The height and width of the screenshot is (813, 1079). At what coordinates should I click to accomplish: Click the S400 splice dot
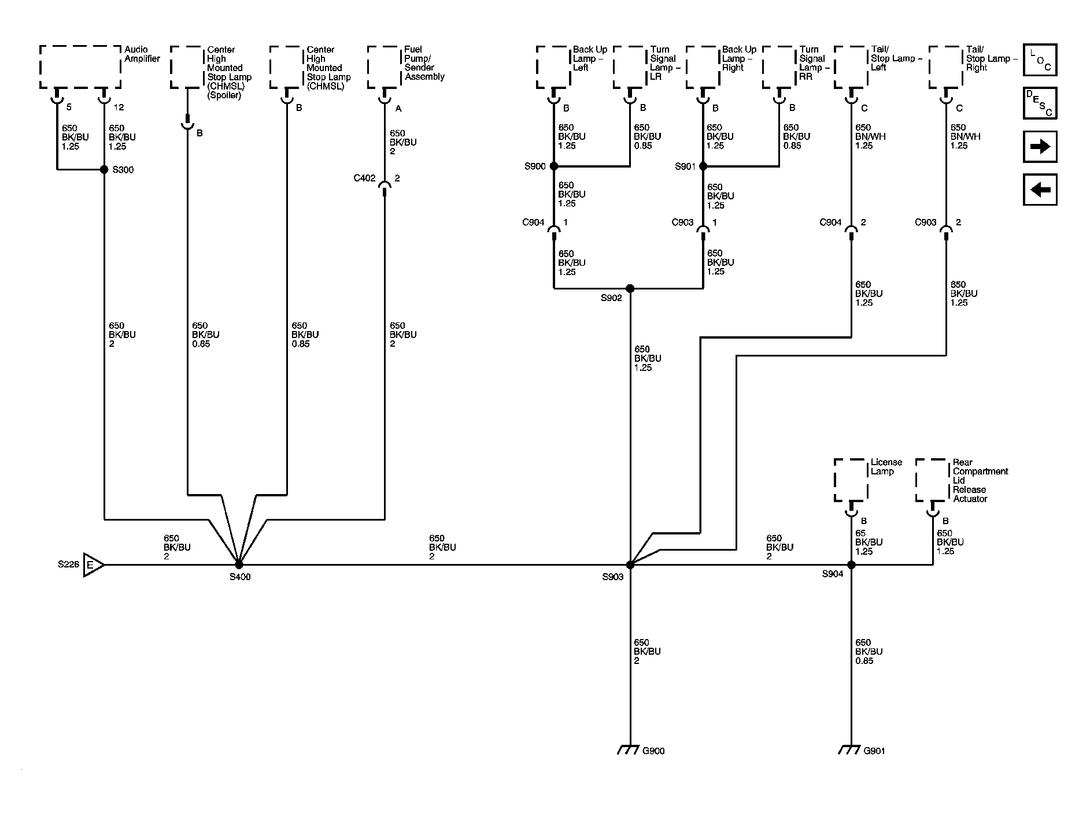238,565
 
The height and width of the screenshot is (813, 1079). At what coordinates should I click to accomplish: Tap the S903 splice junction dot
630,565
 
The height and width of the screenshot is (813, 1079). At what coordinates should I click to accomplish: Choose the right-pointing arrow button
1040,147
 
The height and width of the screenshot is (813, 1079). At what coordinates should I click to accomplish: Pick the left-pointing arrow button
1040,190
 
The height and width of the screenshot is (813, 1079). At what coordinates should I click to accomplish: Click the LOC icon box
1040,60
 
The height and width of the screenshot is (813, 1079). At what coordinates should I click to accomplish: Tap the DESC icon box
1040,103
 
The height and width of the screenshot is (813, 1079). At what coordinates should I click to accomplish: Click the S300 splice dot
104,169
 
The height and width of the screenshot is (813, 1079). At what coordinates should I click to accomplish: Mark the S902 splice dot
630,288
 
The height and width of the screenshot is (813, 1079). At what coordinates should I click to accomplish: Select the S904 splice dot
851,565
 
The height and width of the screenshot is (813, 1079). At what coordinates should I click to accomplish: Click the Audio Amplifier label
142,54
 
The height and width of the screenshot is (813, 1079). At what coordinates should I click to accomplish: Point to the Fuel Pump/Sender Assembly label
424,63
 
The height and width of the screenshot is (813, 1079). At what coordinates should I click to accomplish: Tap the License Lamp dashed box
851,480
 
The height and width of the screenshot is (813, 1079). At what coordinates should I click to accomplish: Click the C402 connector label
364,178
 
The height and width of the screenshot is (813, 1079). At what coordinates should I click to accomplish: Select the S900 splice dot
553,166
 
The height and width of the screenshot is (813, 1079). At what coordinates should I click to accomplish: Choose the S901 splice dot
703,166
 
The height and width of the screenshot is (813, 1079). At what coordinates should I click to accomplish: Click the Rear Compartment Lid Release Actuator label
980,481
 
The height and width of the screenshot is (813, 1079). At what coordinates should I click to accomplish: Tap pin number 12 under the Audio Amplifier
119,107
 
